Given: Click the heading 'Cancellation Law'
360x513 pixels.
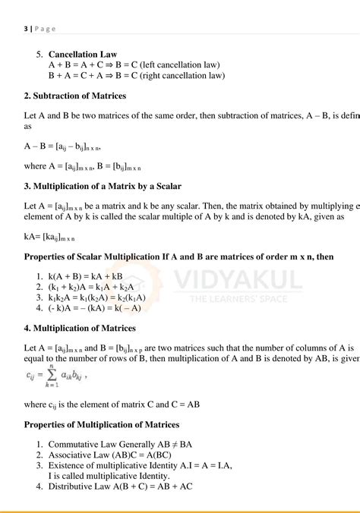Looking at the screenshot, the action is [83, 55].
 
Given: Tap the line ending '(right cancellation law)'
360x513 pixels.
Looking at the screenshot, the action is [137, 76].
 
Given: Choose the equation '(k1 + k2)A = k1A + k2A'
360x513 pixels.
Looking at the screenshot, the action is [92, 288].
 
